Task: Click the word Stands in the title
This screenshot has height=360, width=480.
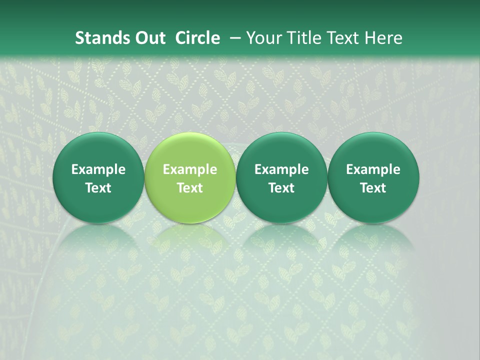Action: tap(98, 38)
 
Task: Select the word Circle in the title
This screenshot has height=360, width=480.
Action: tap(197, 38)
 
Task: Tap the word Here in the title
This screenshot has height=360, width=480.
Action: tap(382, 38)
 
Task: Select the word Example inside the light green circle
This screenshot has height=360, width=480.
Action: tap(190, 169)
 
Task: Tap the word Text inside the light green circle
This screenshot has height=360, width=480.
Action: tap(190, 188)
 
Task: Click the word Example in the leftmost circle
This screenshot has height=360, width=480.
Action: tap(98, 169)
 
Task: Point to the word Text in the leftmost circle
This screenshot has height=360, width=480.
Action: tap(98, 188)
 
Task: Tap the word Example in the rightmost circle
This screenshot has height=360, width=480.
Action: tap(373, 169)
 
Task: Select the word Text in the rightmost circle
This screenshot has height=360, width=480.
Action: tap(373, 188)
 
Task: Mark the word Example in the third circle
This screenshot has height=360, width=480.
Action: tap(281, 169)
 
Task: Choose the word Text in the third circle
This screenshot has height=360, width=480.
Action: tap(281, 188)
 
